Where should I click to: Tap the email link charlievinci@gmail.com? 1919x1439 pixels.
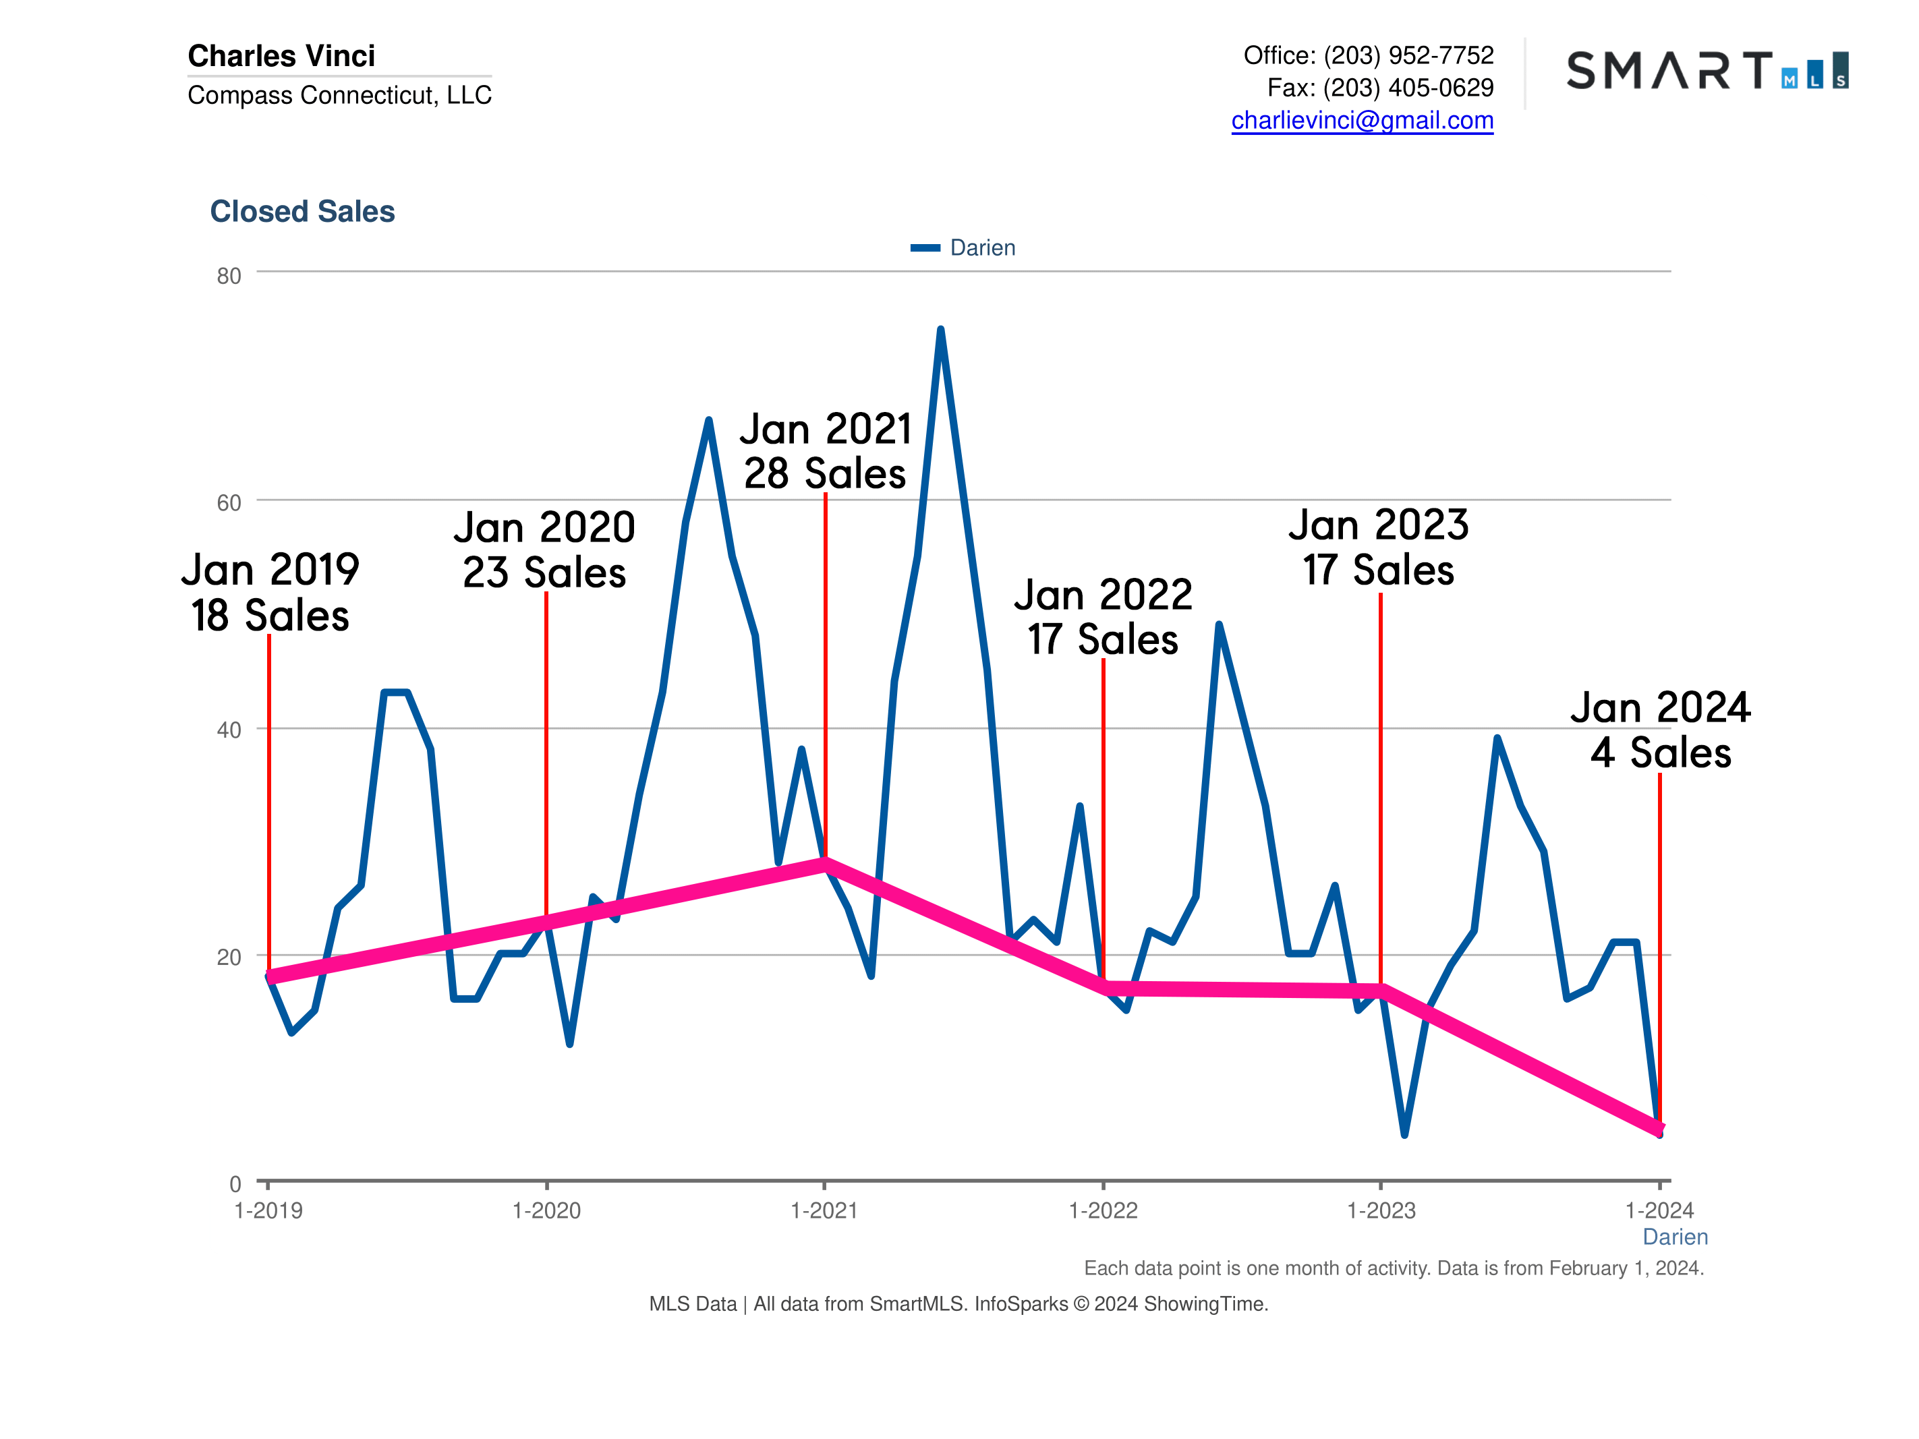(1362, 120)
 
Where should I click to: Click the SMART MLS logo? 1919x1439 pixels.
(1707, 70)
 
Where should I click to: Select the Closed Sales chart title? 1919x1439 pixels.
(302, 211)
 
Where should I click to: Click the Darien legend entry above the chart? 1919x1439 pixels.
(963, 248)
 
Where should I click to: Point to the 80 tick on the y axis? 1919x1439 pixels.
(229, 276)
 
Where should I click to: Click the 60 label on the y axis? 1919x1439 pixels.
(229, 503)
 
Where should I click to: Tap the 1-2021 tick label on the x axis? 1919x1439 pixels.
(824, 1210)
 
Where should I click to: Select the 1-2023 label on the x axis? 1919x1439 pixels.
(1380, 1210)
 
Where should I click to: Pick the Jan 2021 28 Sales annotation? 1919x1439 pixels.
(825, 451)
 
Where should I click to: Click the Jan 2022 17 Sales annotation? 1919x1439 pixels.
(1103, 617)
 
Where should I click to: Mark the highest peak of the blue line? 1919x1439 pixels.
(940, 330)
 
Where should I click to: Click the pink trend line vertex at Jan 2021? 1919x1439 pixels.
(825, 863)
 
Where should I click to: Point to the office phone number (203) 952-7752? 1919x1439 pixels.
(1408, 55)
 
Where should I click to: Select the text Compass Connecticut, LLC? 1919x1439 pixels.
(339, 94)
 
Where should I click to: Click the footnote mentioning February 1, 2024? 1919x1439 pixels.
(1394, 1268)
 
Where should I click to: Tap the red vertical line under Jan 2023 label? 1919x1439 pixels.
(1380, 781)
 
